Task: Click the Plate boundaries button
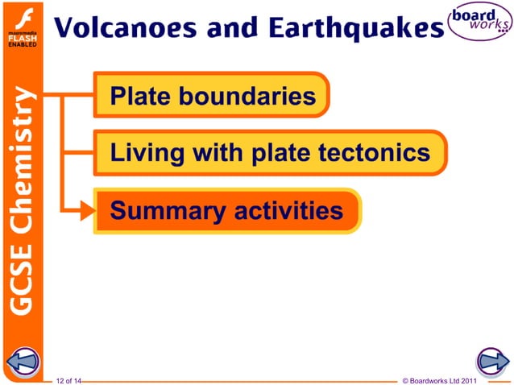point(212,97)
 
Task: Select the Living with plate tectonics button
point(269,153)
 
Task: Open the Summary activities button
point(226,211)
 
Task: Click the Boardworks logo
point(481,24)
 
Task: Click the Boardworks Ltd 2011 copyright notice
point(445,379)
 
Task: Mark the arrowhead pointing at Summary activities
point(87,212)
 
